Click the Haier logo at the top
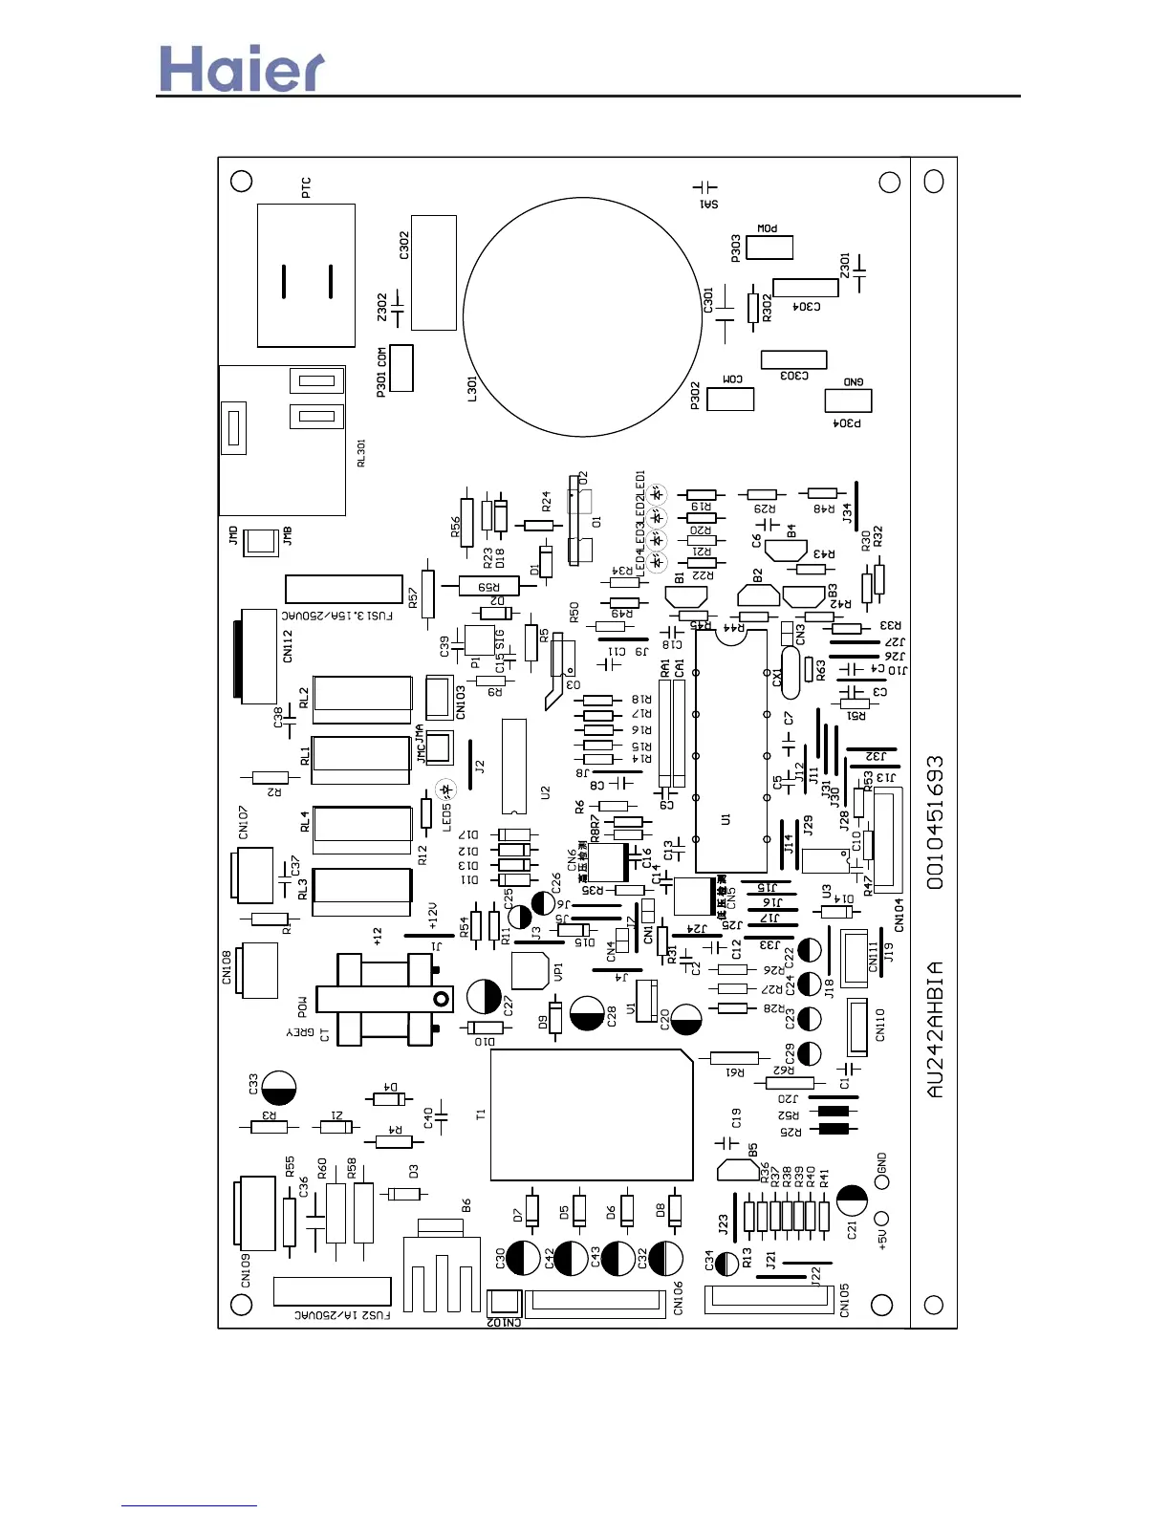241,69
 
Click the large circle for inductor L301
582,317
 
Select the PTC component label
306,187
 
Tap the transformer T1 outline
591,1114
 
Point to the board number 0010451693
935,823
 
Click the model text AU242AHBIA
935,1028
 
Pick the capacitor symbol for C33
278,1088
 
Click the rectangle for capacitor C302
433,272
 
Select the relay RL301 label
361,453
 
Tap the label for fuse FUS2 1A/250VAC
342,1315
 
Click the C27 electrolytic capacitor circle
485,996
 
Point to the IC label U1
726,819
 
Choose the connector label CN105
844,1301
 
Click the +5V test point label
882,1239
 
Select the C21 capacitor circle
852,1200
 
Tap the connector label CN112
288,646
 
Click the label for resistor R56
456,527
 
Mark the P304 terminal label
847,422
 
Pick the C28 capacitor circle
587,1013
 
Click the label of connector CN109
246,1269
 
